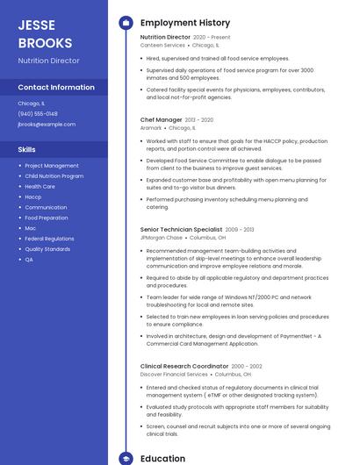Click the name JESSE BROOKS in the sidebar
[x=46, y=32]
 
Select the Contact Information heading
[x=56, y=88]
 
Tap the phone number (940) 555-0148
[x=38, y=113]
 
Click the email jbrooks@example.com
[x=47, y=124]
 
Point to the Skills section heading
[x=26, y=149]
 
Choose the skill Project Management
[x=52, y=166]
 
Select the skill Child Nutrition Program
[x=54, y=176]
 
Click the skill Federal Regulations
[x=49, y=239]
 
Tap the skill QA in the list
[x=29, y=260]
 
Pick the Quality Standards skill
[x=47, y=249]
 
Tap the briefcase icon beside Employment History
[x=126, y=22]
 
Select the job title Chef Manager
[x=161, y=119]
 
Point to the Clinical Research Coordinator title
[x=184, y=366]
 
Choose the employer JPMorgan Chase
[x=162, y=237]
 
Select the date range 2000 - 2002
[x=247, y=366]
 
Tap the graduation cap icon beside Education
[x=126, y=458]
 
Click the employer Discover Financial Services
[x=174, y=375]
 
